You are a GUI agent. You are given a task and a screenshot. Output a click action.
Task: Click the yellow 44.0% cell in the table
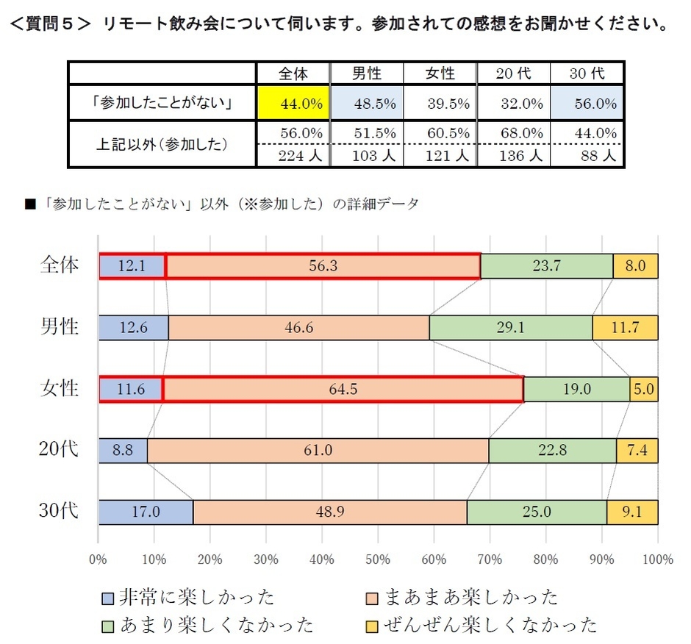[x=293, y=104]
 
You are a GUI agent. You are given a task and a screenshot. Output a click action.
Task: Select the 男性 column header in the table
[x=366, y=74]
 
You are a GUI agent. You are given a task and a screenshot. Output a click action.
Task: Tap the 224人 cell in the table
[x=293, y=156]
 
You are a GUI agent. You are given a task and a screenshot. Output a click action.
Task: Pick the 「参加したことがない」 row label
[x=162, y=104]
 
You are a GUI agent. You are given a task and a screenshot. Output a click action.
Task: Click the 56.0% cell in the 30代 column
[x=587, y=104]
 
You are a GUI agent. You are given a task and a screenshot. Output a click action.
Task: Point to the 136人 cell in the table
[x=513, y=156]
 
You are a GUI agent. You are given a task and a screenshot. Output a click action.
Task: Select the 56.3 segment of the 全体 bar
[x=323, y=266]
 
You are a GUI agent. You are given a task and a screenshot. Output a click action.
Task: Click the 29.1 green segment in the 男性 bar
[x=510, y=327]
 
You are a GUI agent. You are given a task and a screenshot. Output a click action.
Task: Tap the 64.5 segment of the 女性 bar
[x=343, y=389]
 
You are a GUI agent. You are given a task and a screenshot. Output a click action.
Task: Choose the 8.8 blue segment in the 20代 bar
[x=123, y=450]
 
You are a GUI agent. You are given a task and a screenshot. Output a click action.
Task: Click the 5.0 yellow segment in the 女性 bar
[x=644, y=389]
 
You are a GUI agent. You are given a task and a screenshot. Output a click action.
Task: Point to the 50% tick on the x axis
[x=378, y=559]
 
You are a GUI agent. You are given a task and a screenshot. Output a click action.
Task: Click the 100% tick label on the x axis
[x=656, y=559]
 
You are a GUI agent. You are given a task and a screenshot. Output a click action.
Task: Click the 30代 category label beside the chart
[x=59, y=512]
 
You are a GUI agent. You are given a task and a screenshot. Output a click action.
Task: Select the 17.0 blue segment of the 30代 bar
[x=146, y=512]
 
